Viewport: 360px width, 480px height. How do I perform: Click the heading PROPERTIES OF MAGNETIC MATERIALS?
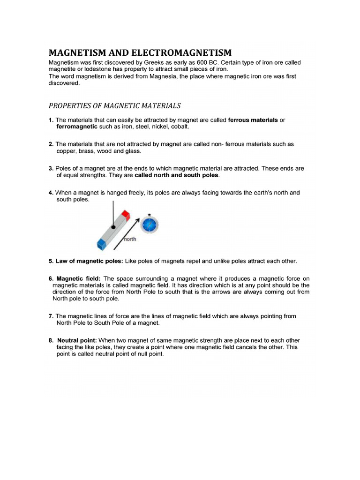115,106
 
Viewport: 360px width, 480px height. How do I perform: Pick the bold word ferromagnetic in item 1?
77,127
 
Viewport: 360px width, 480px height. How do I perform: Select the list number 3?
51,169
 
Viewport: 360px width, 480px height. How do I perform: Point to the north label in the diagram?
129,239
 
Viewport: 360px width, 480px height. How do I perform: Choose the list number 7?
51,316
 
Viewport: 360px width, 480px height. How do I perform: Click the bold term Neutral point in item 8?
77,340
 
